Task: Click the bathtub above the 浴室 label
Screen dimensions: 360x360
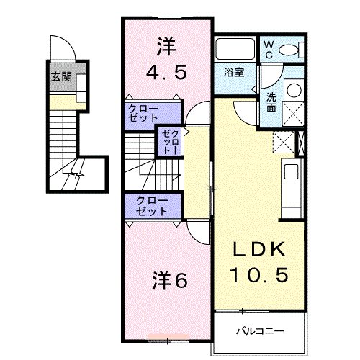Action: tap(235, 50)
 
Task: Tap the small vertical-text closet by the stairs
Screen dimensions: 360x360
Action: tap(170, 140)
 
